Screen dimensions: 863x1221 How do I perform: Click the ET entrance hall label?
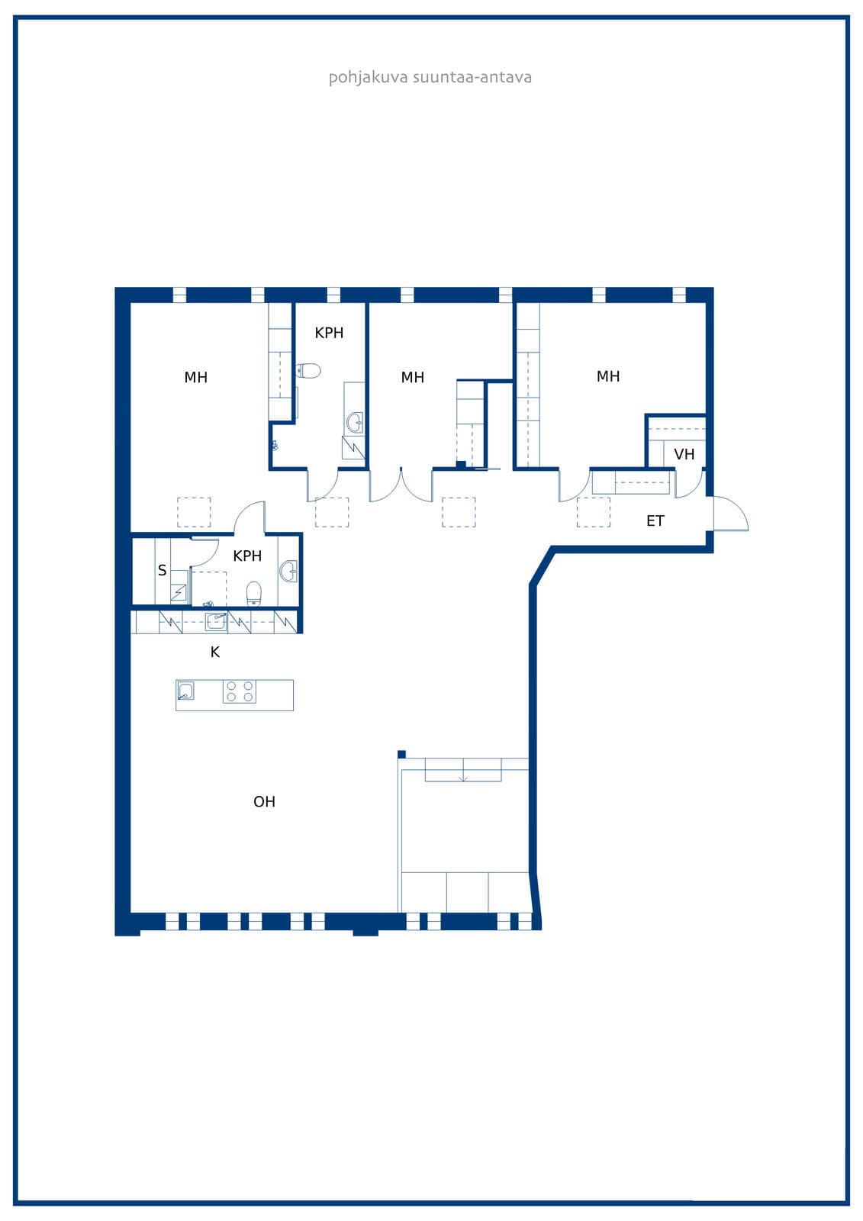655,520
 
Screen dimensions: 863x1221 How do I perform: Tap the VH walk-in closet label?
684,454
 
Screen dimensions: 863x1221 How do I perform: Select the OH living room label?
265,801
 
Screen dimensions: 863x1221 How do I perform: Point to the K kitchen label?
214,652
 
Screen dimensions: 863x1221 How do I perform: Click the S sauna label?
162,570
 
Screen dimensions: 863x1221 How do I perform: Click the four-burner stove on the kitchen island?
240,691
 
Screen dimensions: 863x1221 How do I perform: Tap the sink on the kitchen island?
186,691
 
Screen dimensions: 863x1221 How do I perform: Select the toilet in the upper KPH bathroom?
308,371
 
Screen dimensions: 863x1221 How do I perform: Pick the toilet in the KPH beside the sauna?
254,594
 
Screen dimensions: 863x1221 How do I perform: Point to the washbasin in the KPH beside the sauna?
288,572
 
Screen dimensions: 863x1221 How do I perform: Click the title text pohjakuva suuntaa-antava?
430,77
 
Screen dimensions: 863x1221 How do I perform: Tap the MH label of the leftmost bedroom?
195,377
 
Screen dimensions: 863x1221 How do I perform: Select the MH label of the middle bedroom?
413,377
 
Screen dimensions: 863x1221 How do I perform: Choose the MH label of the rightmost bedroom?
608,376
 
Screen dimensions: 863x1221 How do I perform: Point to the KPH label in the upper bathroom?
330,333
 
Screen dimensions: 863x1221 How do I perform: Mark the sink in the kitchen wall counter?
216,622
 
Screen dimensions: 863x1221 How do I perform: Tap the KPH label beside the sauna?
247,556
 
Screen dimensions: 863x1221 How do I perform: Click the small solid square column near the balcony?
402,755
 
